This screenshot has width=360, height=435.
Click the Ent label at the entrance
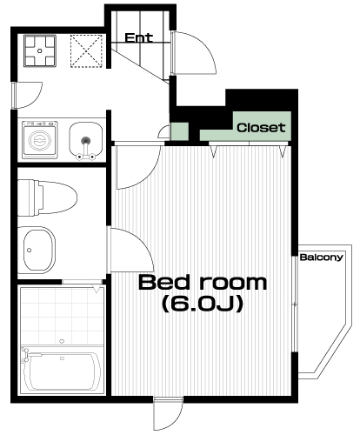coord(139,38)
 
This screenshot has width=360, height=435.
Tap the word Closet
coord(261,128)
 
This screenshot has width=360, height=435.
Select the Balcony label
coord(321,258)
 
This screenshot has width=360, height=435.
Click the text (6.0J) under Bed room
coord(203,304)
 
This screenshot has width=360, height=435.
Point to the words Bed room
coord(203,283)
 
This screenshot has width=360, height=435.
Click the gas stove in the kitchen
coord(40,51)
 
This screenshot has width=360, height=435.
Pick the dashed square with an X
coord(86,51)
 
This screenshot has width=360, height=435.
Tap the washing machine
coord(40,140)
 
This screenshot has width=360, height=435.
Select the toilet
coord(47,197)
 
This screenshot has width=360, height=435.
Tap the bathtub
coord(62,370)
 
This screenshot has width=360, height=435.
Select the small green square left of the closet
coord(180,131)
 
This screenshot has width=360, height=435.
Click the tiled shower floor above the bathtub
coord(62,315)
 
